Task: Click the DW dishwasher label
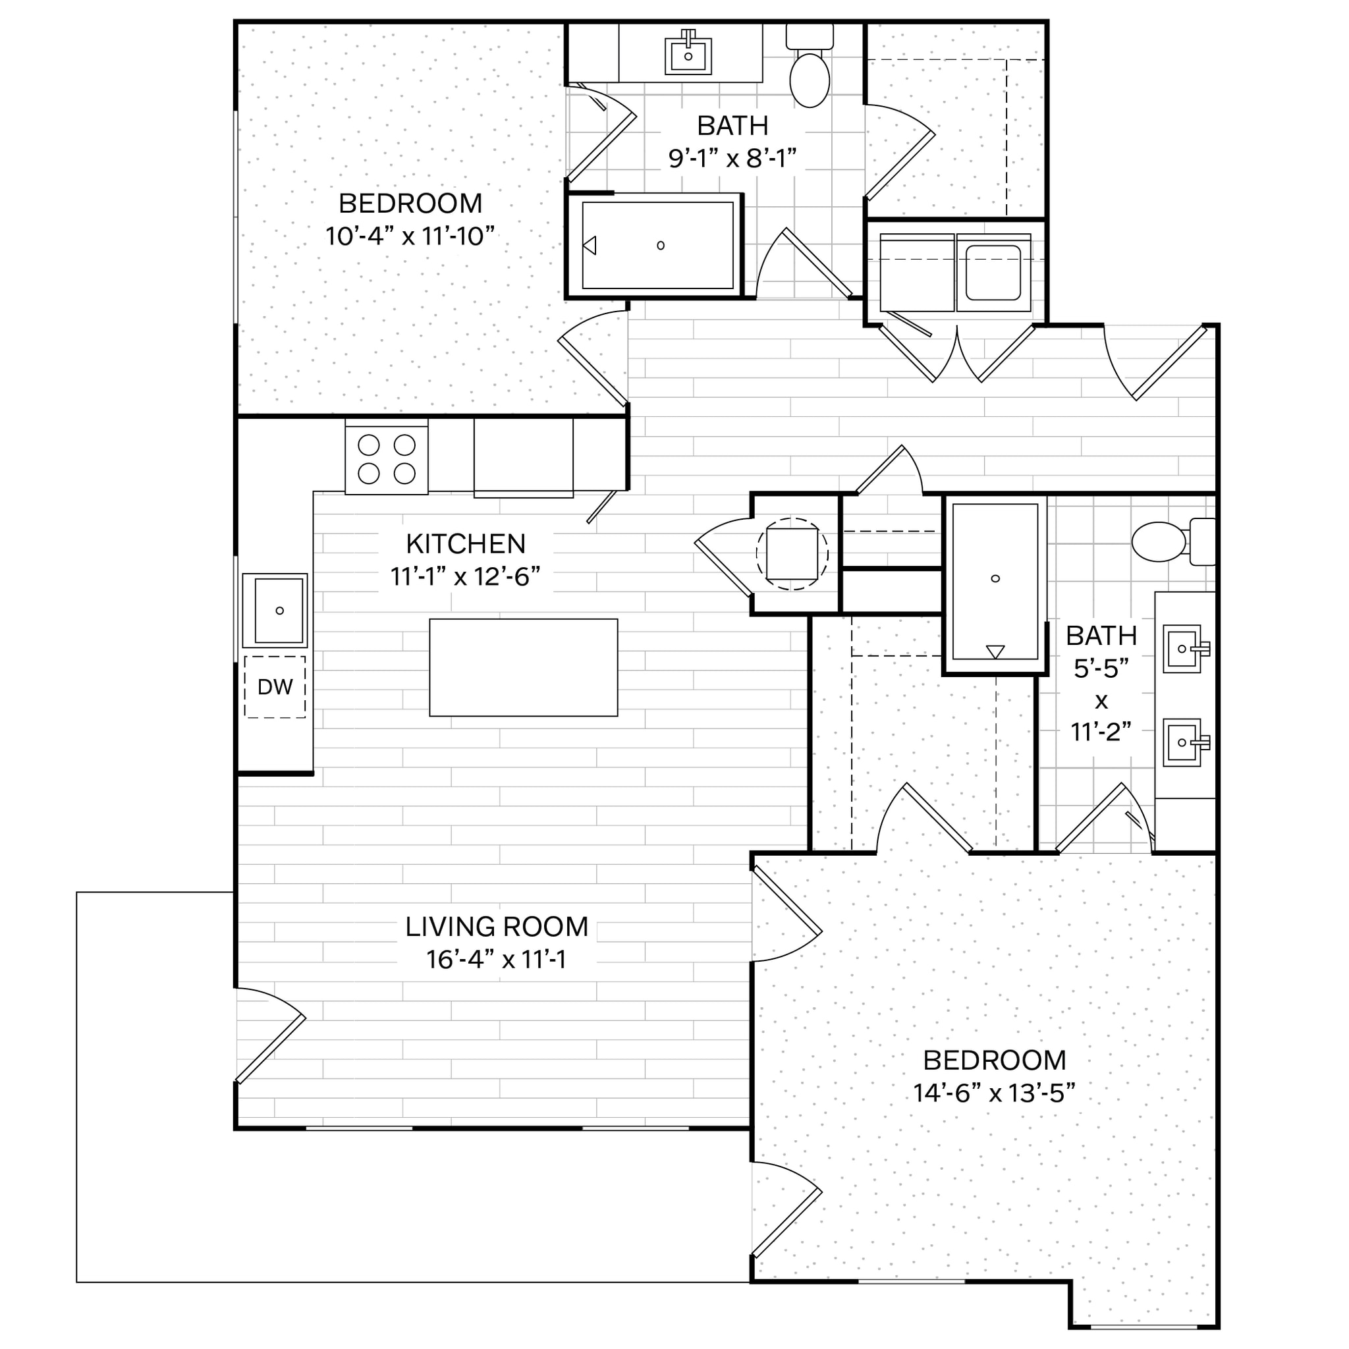coord(275,687)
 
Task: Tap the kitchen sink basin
coord(278,610)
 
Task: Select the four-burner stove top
coord(386,460)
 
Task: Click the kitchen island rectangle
coord(523,667)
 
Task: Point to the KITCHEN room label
coord(466,543)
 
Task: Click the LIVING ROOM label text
coord(497,926)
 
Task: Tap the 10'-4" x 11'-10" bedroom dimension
coord(410,236)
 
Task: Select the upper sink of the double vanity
coord(1182,648)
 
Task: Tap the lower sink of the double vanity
coord(1182,742)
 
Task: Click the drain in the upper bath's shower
coord(661,245)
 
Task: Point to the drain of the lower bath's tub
coord(995,578)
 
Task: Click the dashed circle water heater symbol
coord(792,554)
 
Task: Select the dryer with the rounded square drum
coord(993,272)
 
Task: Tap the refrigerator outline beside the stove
coord(523,457)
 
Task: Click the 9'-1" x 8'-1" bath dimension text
coord(732,159)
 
